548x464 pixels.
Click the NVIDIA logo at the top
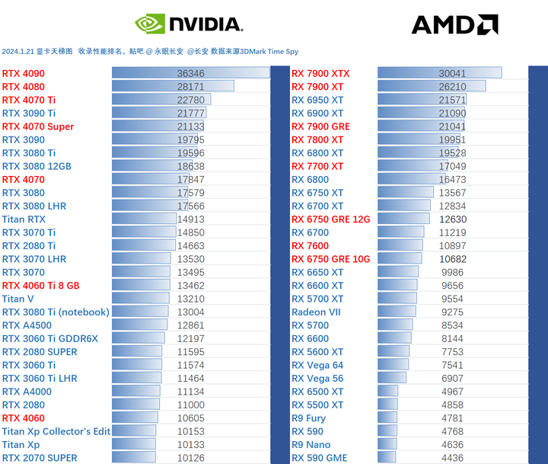pyautogui.click(x=188, y=24)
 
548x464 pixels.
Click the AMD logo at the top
pyautogui.click(x=454, y=24)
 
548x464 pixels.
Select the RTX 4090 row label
pyautogui.click(x=23, y=74)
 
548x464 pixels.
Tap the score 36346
pyautogui.click(x=190, y=74)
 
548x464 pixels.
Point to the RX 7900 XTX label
pyautogui.click(x=320, y=74)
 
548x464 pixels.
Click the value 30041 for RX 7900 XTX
pyautogui.click(x=452, y=74)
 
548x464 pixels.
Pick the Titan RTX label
pyautogui.click(x=24, y=219)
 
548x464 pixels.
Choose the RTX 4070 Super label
pyautogui.click(x=38, y=126)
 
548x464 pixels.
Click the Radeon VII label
pyautogui.click(x=316, y=312)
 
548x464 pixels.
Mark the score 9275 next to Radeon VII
pyautogui.click(x=451, y=312)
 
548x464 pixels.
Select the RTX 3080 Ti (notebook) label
pyautogui.click(x=56, y=312)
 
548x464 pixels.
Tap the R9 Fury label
pyautogui.click(x=308, y=418)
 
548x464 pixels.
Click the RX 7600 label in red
pyautogui.click(x=311, y=246)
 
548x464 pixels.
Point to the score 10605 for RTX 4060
pyautogui.click(x=190, y=418)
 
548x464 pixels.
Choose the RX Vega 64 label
pyautogui.click(x=317, y=366)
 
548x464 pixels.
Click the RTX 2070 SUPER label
pyautogui.click(x=40, y=458)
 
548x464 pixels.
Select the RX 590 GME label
pyautogui.click(x=319, y=458)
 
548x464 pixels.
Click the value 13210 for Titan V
pyautogui.click(x=190, y=299)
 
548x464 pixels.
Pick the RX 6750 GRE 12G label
pyautogui.click(x=330, y=219)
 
